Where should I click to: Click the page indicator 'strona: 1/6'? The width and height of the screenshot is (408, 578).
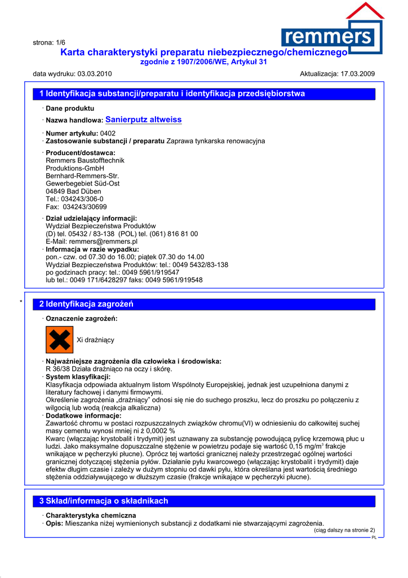coord(49,42)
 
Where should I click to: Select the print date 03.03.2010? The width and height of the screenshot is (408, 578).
coord(94,74)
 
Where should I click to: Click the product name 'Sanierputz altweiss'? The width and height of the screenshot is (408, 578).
coord(143,120)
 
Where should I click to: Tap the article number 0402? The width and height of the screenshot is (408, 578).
coord(108,133)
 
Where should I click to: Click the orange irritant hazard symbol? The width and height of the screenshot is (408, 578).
coord(59,340)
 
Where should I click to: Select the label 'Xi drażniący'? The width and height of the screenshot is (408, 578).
coord(95,340)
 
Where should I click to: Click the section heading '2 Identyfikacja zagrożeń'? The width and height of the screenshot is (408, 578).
coord(86,304)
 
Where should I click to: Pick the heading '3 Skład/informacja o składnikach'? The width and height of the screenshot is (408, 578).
coord(104,501)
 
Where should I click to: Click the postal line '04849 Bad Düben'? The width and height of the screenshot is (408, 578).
coord(73,191)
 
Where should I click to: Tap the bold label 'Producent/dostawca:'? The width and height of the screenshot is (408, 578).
coord(80,152)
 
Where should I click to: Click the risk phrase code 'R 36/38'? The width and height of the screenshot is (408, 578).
coord(57,369)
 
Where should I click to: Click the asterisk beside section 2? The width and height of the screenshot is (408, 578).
coord(21,303)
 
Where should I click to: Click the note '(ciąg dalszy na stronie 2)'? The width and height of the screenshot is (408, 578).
coord(344,530)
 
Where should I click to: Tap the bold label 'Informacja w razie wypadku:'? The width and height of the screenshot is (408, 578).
coord(92,249)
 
